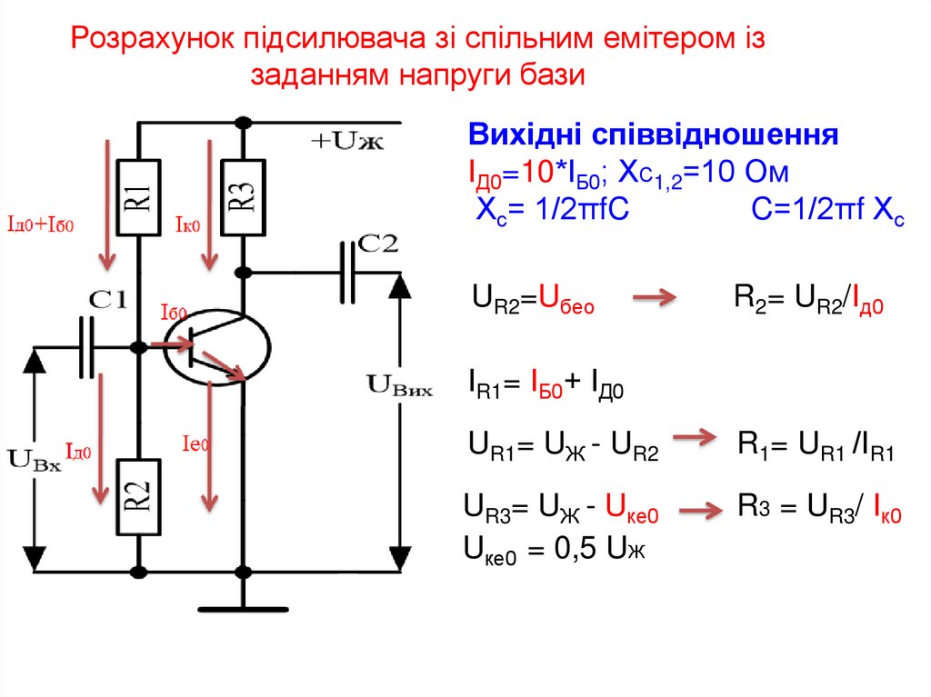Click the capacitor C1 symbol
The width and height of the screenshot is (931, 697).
[x=86, y=346]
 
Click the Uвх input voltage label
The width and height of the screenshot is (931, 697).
[x=34, y=457]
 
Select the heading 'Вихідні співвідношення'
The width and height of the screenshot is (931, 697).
[x=652, y=135]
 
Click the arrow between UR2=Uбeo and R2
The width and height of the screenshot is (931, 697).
[x=654, y=297]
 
